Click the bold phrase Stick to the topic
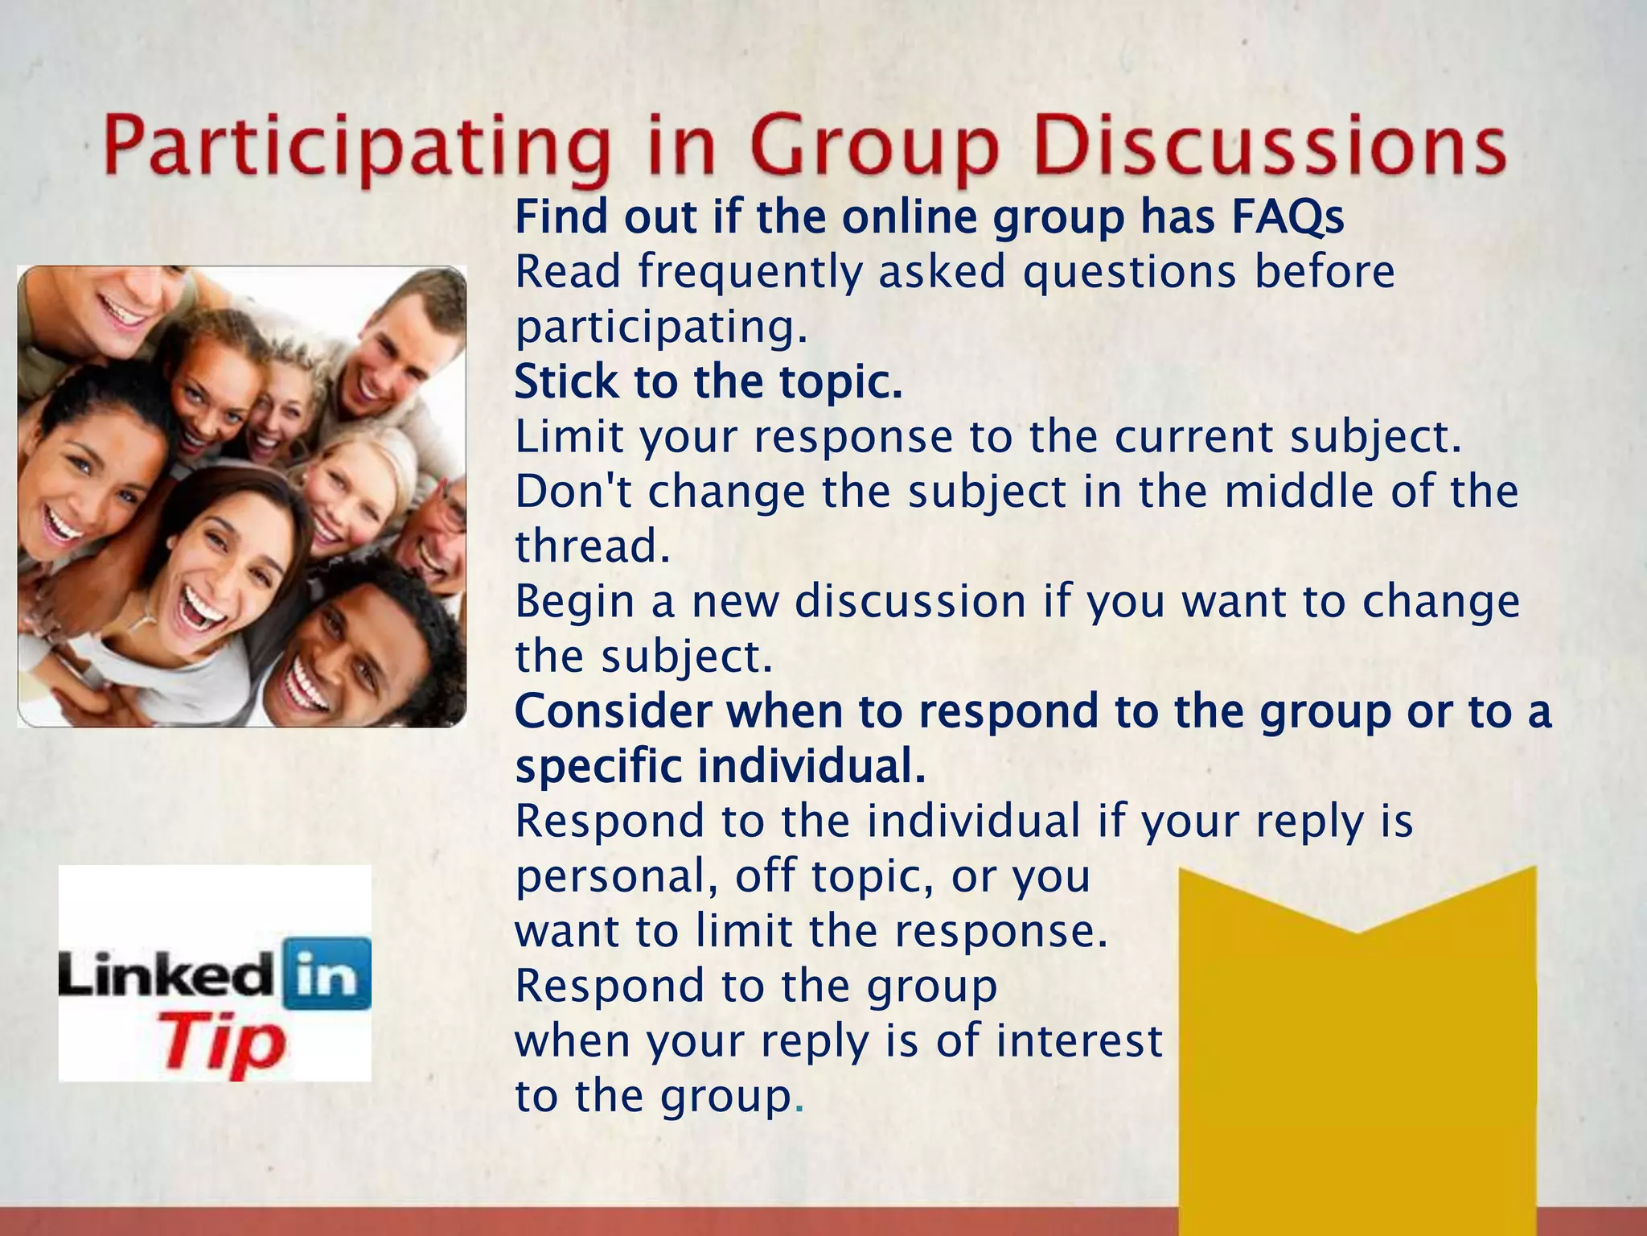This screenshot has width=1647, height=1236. coord(708,381)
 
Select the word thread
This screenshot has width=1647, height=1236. coord(592,546)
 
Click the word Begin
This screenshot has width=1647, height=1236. coord(575,603)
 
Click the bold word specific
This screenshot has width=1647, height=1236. coord(598,766)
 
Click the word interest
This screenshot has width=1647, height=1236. coord(1078,1040)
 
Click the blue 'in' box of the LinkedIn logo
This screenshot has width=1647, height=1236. coord(327,974)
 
